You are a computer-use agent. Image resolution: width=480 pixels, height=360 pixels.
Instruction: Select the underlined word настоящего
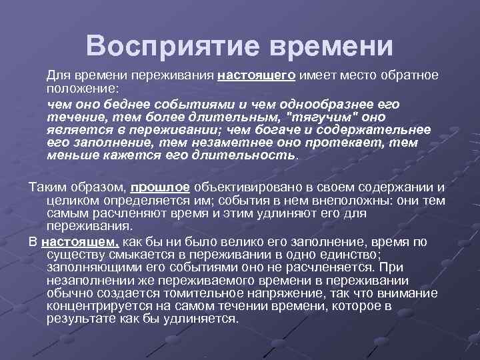coord(257,75)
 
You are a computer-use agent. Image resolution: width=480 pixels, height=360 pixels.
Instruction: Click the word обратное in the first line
coord(407,75)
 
